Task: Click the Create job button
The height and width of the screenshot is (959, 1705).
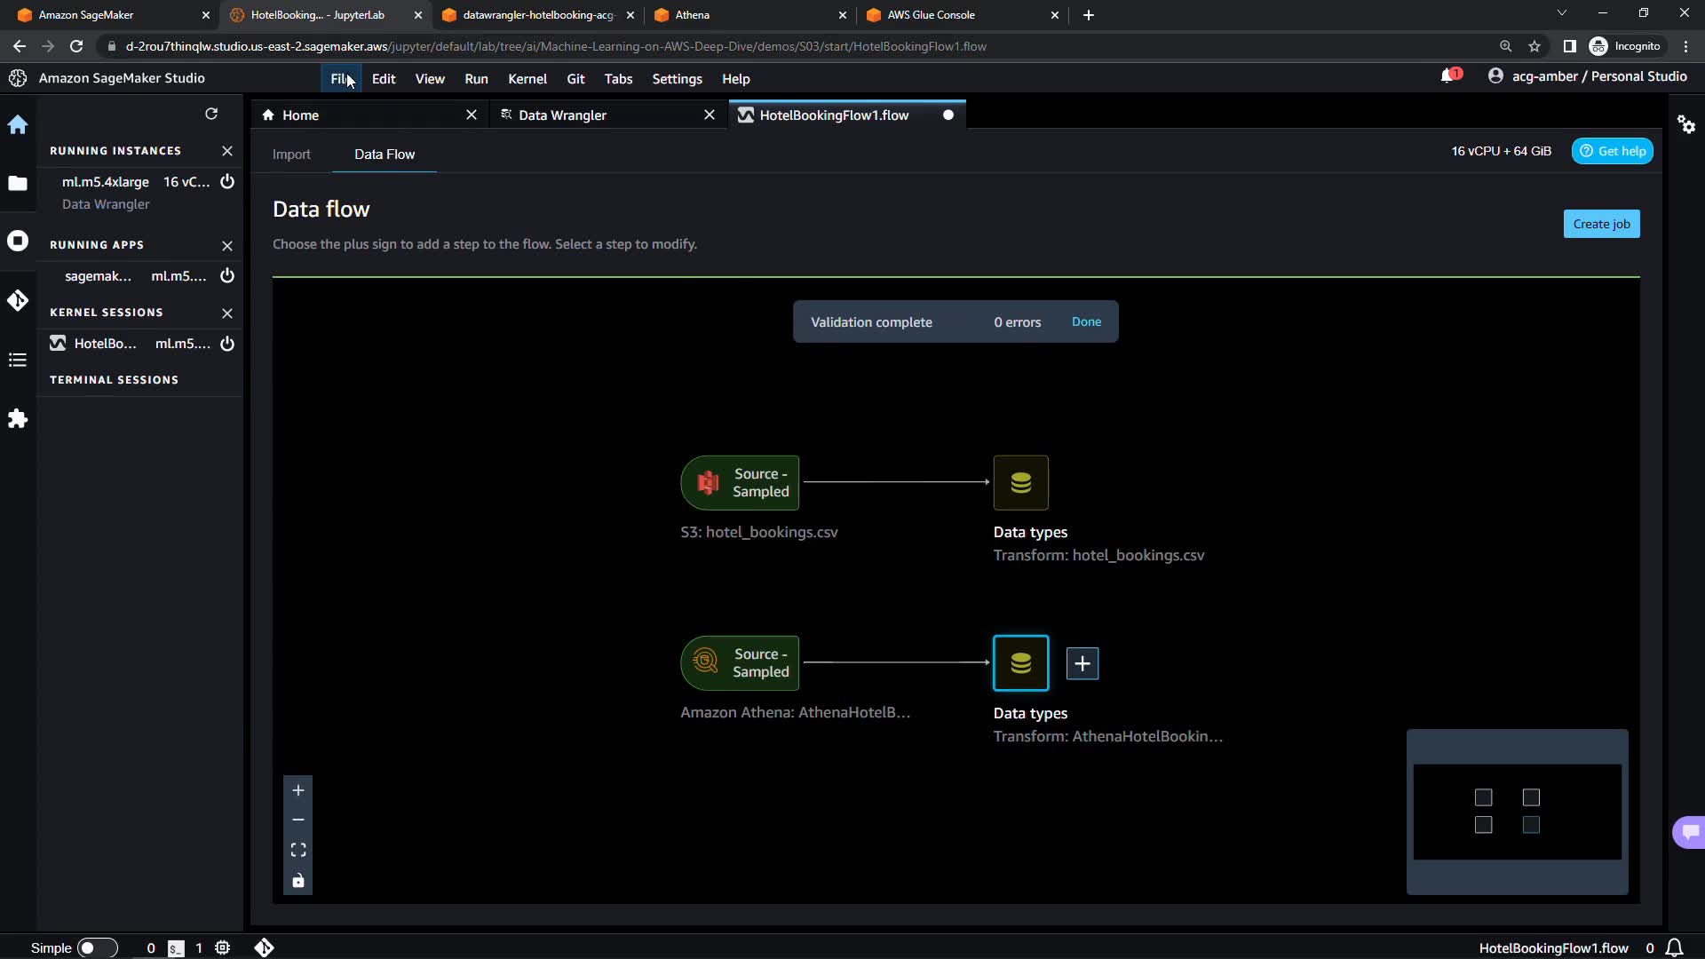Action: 1601,224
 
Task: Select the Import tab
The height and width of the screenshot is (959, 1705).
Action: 291,155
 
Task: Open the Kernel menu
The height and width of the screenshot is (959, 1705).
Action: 527,79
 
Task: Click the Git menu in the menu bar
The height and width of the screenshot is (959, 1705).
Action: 575,79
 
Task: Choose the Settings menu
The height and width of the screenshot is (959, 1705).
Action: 677,79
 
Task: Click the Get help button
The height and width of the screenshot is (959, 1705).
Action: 1612,151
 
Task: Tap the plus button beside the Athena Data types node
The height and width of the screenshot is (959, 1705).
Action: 1082,663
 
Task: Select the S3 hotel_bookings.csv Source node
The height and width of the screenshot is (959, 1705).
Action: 740,483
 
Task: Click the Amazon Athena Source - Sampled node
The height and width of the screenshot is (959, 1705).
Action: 740,663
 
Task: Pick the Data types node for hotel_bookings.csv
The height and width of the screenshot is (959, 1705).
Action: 1020,483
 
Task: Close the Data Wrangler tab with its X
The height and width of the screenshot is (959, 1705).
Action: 709,115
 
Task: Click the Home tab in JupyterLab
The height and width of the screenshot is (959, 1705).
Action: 300,115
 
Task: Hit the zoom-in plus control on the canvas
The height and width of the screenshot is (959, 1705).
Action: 298,790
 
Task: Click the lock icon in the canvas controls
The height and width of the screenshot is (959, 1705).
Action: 298,881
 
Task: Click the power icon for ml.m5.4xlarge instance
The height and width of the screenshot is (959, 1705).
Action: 227,182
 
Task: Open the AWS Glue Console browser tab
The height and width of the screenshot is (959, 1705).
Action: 931,15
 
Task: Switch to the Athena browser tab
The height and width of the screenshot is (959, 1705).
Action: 692,15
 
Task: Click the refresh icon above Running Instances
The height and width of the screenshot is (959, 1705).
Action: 211,114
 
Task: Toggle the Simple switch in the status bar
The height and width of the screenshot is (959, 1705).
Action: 97,948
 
